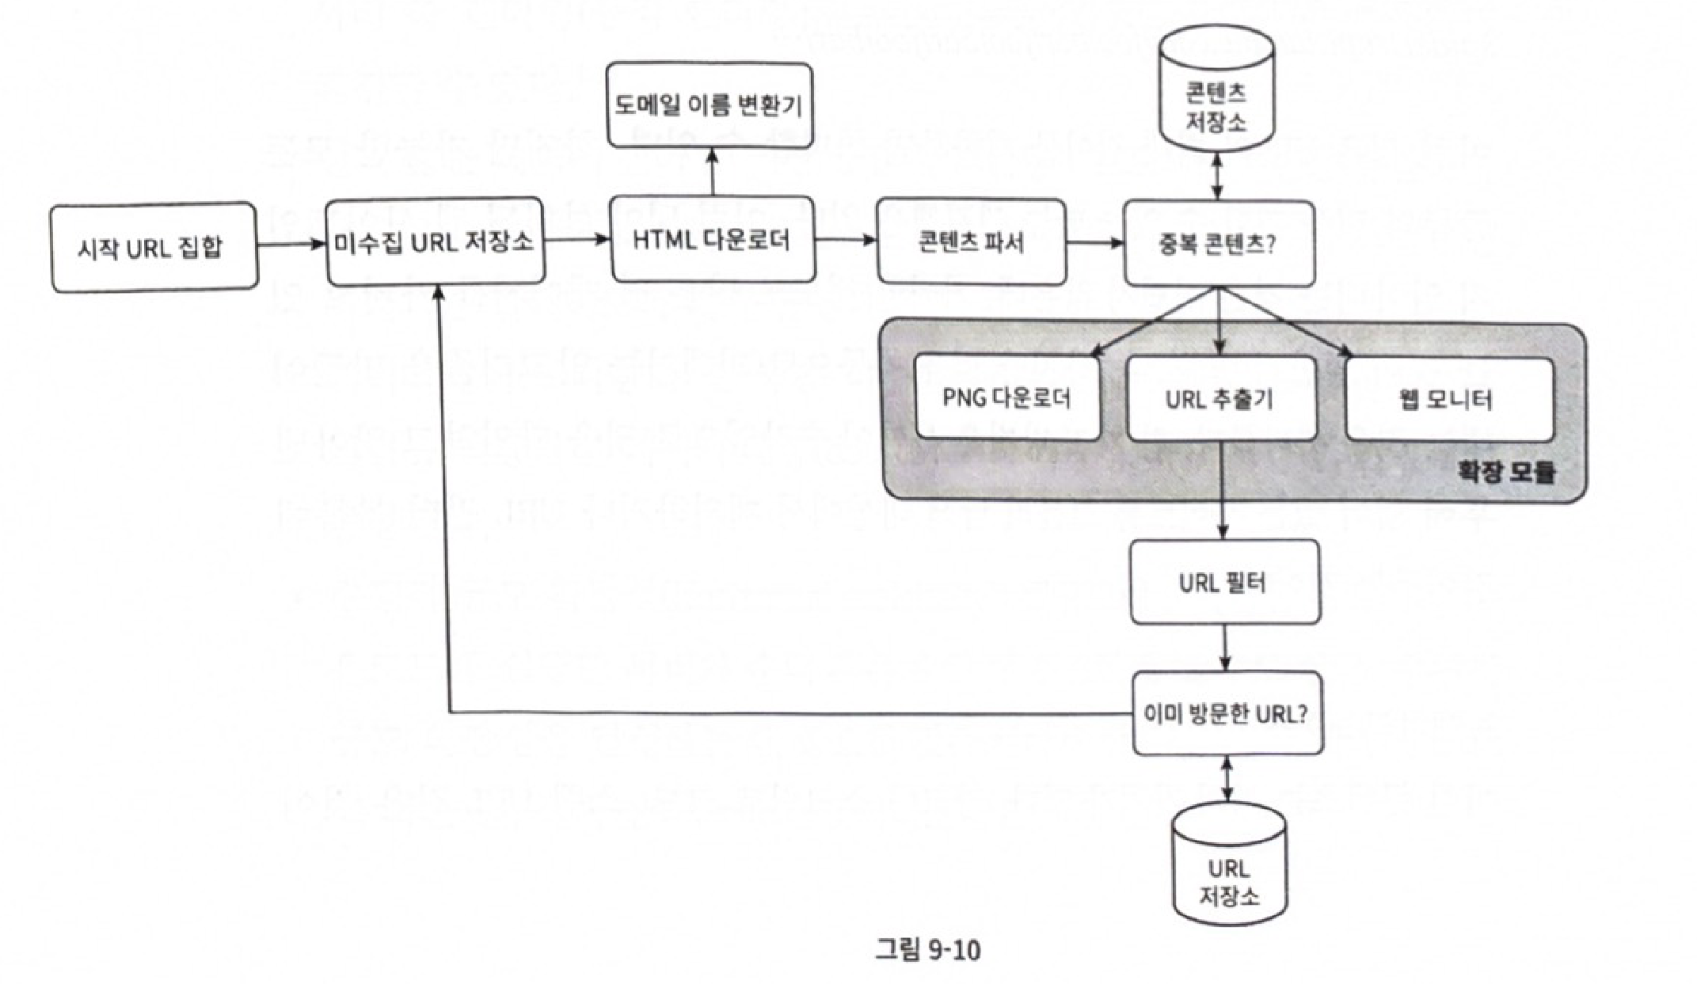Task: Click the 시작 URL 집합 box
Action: click(x=154, y=247)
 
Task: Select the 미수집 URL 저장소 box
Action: click(x=436, y=241)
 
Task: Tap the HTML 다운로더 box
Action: click(x=713, y=240)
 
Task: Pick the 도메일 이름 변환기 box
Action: click(x=710, y=105)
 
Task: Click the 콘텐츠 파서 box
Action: click(x=971, y=241)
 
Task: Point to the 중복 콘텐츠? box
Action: click(x=1219, y=244)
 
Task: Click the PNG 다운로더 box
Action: click(x=1007, y=397)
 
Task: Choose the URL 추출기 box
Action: click(x=1220, y=398)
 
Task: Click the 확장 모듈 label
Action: click(x=1507, y=473)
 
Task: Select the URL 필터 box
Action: click(x=1224, y=583)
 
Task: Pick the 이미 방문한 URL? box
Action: click(x=1227, y=713)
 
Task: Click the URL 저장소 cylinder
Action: click(x=1228, y=871)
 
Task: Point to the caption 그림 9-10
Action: click(x=927, y=948)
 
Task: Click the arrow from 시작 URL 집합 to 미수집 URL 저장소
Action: click(x=291, y=244)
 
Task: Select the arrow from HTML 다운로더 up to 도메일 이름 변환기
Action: click(x=712, y=172)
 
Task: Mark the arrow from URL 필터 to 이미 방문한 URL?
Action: click(x=1225, y=648)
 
